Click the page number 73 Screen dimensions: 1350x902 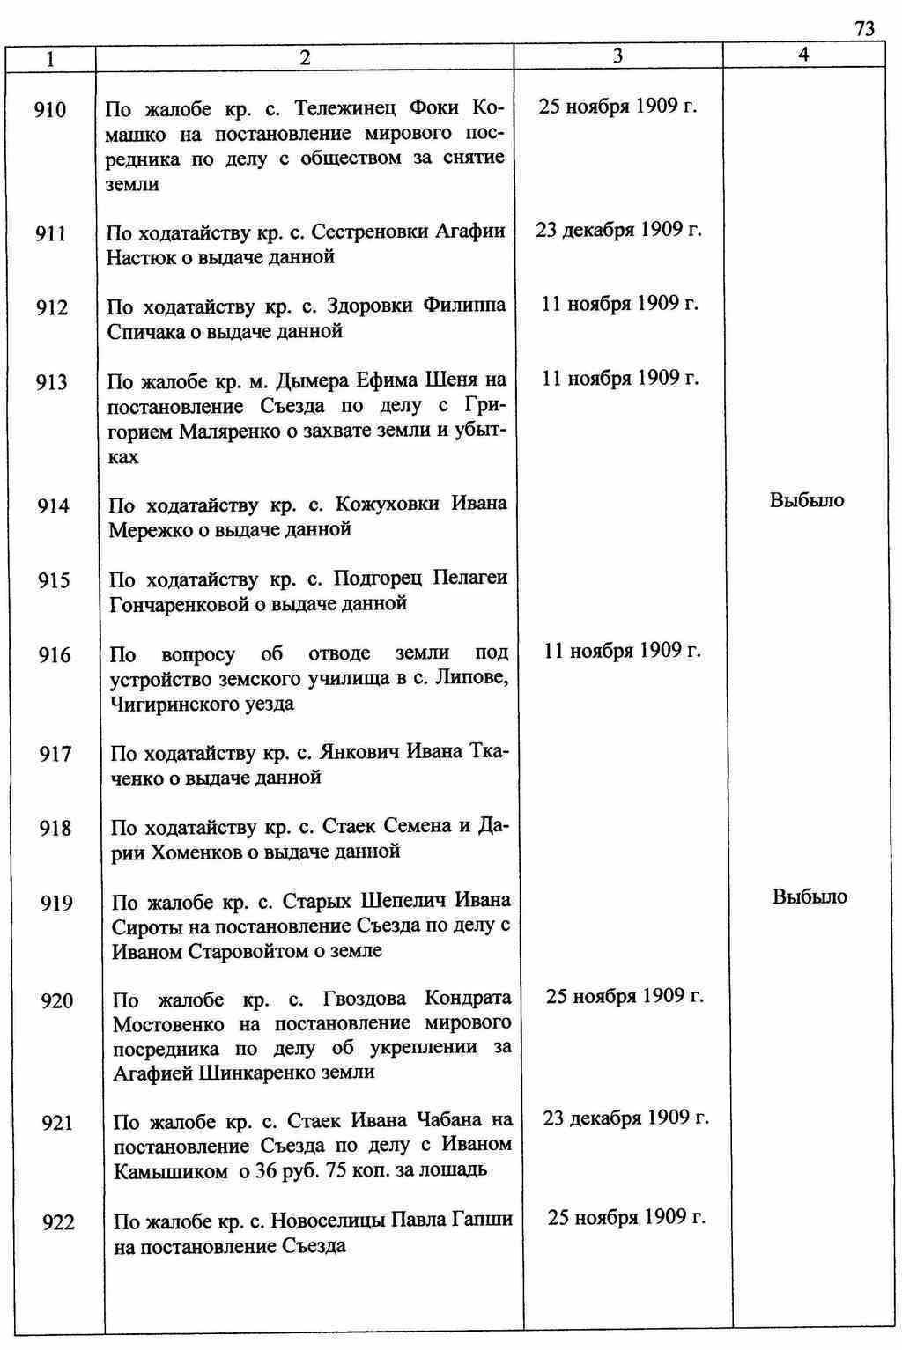point(864,29)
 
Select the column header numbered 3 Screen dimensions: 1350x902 point(617,55)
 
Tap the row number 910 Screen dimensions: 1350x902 point(50,110)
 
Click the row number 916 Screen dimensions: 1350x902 point(55,654)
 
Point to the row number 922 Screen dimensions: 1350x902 point(58,1222)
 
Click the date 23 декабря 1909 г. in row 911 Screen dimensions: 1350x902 point(618,230)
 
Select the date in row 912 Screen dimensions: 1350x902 point(619,304)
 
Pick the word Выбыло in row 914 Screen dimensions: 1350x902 point(807,500)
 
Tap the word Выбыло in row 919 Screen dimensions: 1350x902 point(810,896)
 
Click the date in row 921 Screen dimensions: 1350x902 point(625,1118)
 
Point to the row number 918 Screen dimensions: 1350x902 point(55,829)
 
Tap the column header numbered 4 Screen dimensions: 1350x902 point(803,55)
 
